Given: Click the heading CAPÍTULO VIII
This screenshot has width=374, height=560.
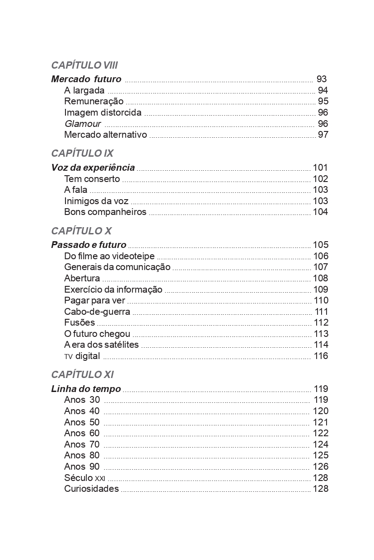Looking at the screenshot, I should pos(84,65).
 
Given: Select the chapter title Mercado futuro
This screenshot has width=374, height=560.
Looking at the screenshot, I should pos(86,79).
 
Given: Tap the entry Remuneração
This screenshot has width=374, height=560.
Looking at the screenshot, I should pos(93,101).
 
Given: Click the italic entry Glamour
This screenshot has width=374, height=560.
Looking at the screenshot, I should pos(82,124).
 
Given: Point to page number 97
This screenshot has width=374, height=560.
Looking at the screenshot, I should pos(323,135).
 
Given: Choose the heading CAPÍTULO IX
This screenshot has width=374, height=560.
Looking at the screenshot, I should pos(82,153).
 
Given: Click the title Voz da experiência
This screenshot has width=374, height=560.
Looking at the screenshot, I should pos(93,168).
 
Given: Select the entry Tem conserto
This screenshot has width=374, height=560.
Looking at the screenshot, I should pos(92,179).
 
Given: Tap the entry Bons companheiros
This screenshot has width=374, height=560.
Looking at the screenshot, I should pos(105,212).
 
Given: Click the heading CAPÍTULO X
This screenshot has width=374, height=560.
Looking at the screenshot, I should pos(81,231).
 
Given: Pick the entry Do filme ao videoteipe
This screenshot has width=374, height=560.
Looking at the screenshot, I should pos(109,256).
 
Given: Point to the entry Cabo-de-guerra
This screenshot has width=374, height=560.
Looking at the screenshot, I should pos(97,312).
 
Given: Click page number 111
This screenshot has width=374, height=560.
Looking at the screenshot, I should pos(322,312).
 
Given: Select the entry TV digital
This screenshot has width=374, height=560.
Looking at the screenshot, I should pos(82,356).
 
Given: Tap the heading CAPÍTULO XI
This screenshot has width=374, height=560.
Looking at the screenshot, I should pos(82,374).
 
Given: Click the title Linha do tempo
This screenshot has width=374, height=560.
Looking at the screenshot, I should pos(86,389).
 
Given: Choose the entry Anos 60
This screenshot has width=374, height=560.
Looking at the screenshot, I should pos(82,433).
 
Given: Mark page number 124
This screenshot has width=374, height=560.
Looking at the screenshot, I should pos(321,444).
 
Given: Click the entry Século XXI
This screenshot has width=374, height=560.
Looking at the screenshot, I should pos(84,478).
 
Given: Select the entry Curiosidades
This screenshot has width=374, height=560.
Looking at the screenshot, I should pos(91,489).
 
